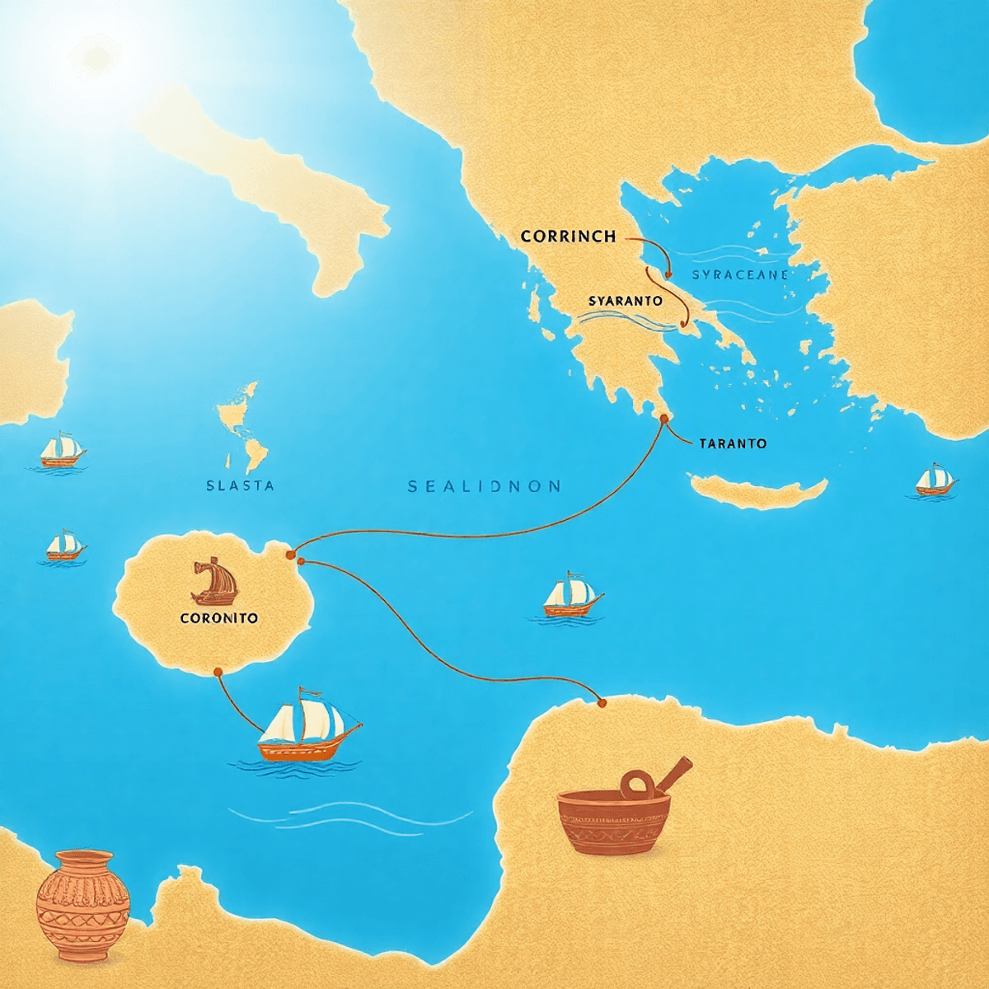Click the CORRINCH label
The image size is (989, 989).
(568, 237)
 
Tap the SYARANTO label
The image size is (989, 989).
(625, 301)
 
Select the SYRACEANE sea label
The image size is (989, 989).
(739, 274)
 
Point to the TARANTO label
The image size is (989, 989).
(733, 443)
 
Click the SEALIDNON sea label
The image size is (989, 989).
(485, 486)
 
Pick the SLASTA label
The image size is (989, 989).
(240, 485)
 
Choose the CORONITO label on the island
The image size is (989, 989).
(218, 617)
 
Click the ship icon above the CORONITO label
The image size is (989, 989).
(215, 581)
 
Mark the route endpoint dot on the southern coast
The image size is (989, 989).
(602, 703)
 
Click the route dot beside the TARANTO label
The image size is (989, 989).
(663, 419)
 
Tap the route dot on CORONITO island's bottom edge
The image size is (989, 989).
(218, 673)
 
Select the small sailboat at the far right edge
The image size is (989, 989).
(935, 480)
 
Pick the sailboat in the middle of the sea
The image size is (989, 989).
(571, 594)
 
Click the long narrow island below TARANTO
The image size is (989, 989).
(758, 492)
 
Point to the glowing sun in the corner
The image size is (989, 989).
(95, 56)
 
